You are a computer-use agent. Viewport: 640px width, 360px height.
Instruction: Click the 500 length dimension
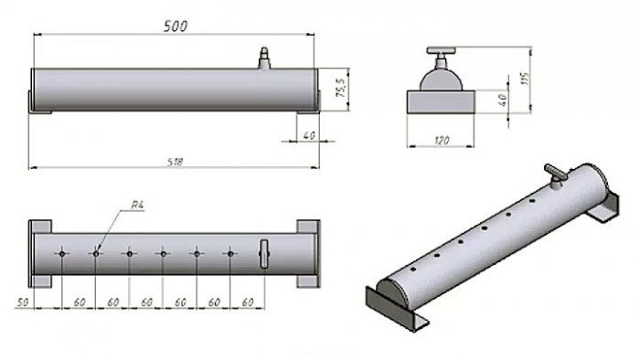(176, 26)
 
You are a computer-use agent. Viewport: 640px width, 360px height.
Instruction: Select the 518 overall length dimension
(176, 162)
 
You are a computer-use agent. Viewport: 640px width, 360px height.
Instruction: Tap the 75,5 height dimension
(340, 87)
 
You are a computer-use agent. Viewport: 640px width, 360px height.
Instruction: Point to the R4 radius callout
(138, 205)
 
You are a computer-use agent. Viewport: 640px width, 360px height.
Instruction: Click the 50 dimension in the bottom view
(23, 302)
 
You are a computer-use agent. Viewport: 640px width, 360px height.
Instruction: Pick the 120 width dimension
(442, 141)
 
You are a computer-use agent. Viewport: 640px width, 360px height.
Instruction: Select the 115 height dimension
(525, 79)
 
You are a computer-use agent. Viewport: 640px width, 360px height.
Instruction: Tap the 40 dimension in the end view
(503, 100)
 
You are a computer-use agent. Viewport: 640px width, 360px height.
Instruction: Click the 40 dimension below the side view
(309, 135)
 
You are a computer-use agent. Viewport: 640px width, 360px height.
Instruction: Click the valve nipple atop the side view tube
(264, 58)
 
